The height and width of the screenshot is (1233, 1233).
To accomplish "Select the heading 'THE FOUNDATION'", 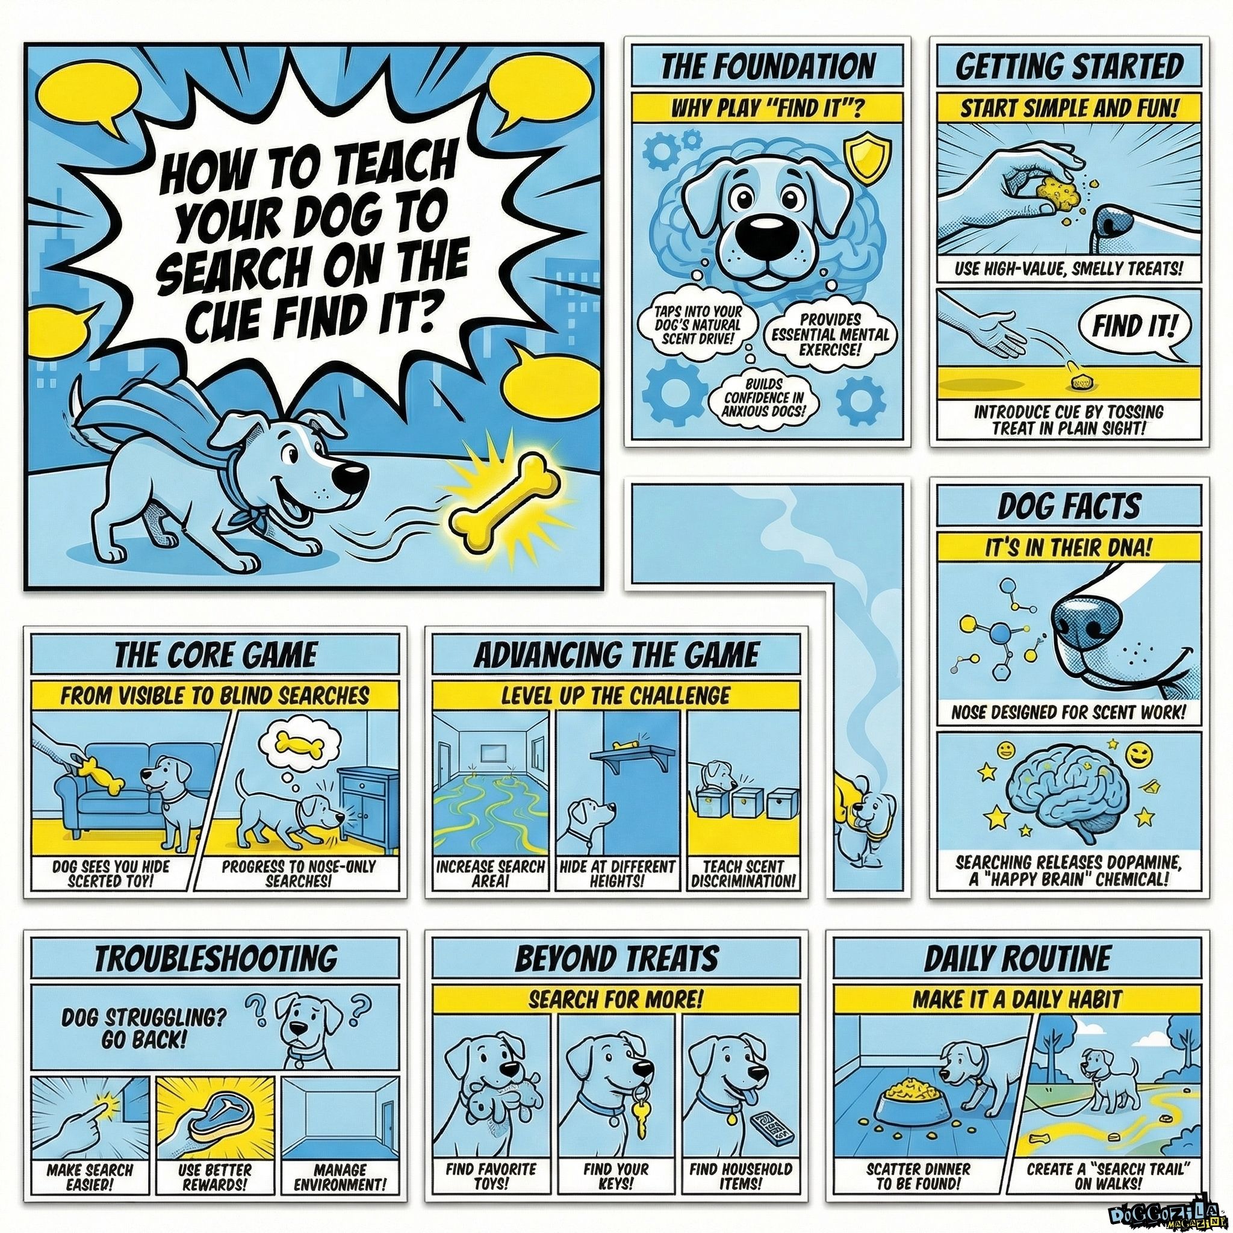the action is [767, 66].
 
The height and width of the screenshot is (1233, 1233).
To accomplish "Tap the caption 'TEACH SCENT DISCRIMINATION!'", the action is [744, 874].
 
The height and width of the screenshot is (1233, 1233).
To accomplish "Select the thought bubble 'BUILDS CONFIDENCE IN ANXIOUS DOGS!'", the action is [763, 396].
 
